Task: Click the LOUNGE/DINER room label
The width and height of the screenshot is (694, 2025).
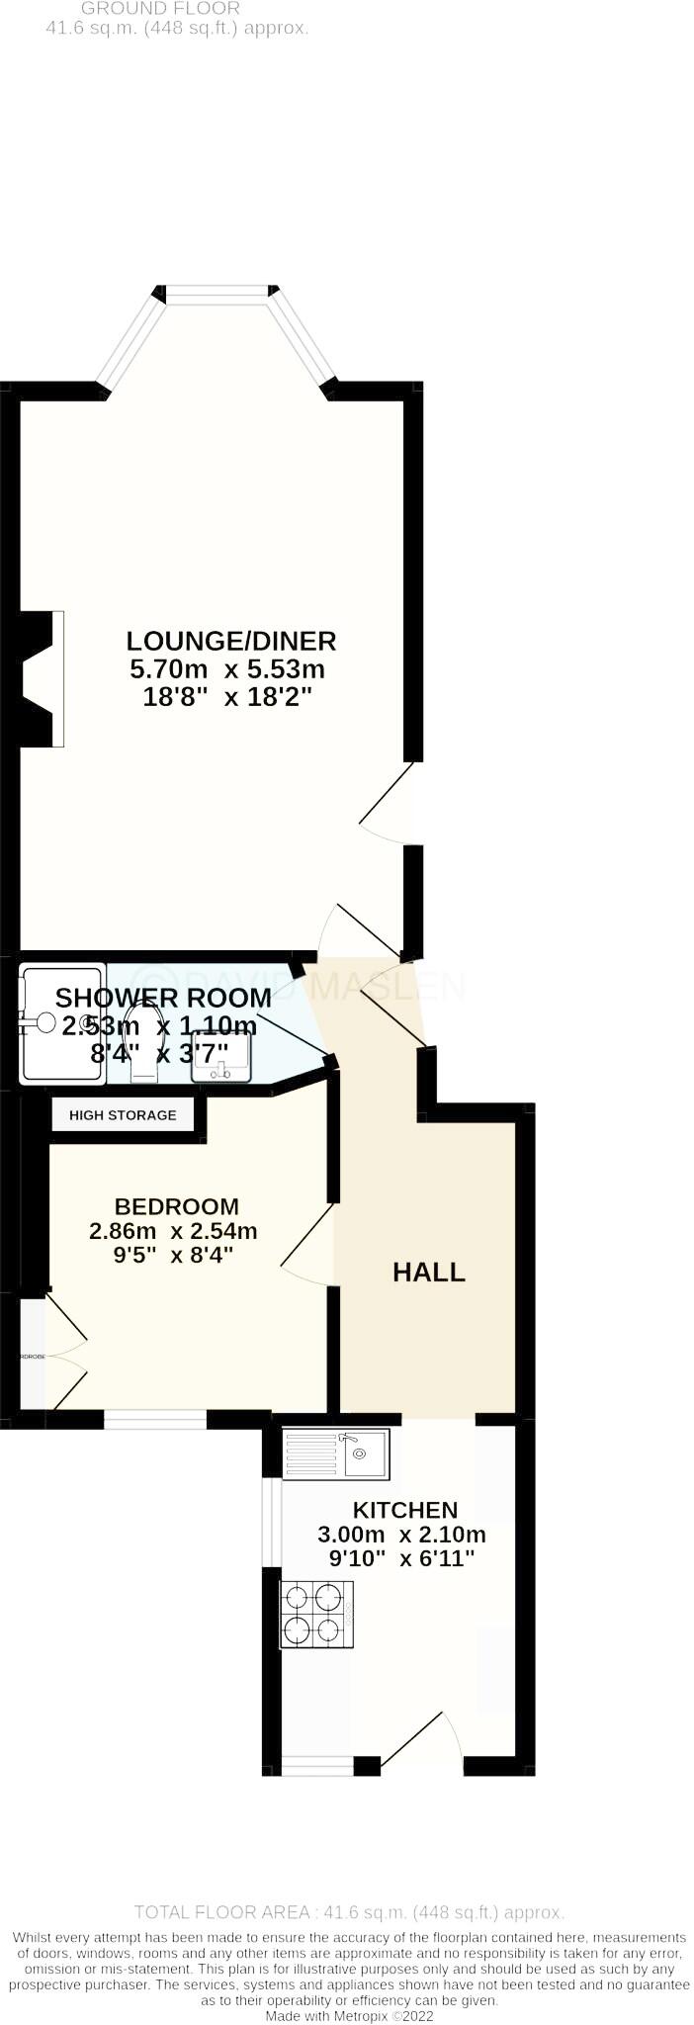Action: point(232,641)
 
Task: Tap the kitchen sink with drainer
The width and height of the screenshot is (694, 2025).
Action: point(336,1453)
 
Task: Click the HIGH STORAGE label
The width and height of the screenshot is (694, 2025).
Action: point(123,1115)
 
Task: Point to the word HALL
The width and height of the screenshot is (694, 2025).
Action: point(429,1273)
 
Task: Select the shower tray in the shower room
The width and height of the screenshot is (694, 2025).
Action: point(61,1023)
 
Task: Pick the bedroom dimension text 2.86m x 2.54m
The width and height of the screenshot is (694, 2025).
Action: point(173,1231)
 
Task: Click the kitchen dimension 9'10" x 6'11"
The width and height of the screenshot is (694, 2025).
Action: point(401,1559)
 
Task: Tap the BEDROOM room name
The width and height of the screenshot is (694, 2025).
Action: point(177,1206)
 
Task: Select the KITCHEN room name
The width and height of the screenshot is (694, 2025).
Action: point(405,1510)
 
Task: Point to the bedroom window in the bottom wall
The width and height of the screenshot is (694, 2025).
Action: point(155,1420)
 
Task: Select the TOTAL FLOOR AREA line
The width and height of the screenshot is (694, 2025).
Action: point(349,1912)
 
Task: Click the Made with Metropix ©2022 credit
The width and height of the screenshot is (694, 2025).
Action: point(349,2016)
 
